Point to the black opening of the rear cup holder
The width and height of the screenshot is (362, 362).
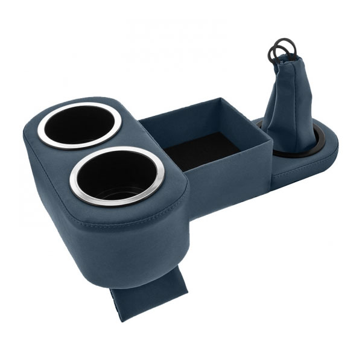pyautogui.click(x=78, y=124)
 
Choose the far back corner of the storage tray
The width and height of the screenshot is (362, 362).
pyautogui.click(x=224, y=101)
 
